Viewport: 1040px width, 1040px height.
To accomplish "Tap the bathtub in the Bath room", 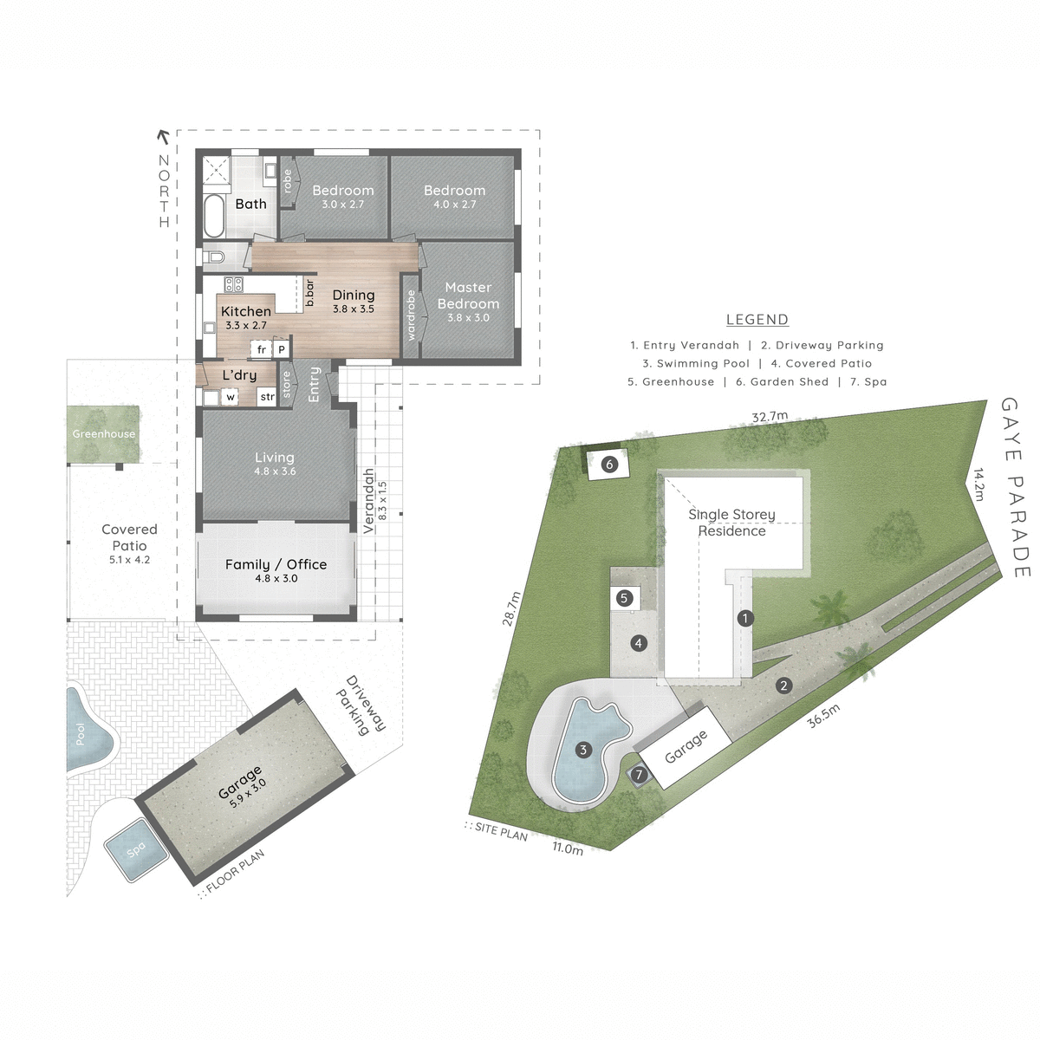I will (x=214, y=214).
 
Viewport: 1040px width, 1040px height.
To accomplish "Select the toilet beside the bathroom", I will (x=216, y=257).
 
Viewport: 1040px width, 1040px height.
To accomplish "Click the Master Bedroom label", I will (x=468, y=296).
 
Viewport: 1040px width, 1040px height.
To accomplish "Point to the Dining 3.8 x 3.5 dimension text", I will (x=354, y=309).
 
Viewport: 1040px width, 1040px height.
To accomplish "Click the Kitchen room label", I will (x=246, y=311).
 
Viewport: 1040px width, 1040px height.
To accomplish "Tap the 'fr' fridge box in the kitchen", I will (x=261, y=350).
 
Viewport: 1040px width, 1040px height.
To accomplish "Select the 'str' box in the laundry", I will (x=267, y=397).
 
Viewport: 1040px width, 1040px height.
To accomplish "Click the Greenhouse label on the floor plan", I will (x=104, y=434).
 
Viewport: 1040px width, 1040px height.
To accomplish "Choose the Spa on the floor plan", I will (x=136, y=850).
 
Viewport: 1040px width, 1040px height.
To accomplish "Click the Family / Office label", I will (x=276, y=564).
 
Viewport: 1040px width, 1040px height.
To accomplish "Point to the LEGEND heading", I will (x=757, y=320).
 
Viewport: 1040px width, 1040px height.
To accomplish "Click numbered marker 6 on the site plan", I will (x=609, y=465).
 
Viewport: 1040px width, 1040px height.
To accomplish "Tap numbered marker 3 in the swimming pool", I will (x=583, y=750).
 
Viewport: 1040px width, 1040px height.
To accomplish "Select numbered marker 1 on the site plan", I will (x=744, y=618).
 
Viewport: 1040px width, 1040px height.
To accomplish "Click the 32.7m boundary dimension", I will (x=770, y=417).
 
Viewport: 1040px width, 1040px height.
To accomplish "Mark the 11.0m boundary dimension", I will (x=568, y=848).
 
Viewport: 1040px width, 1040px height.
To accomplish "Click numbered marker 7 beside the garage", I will (x=640, y=775).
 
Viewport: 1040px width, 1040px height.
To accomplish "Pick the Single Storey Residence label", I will (x=732, y=523).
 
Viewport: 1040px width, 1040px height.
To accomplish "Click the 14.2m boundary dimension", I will (x=978, y=485).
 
